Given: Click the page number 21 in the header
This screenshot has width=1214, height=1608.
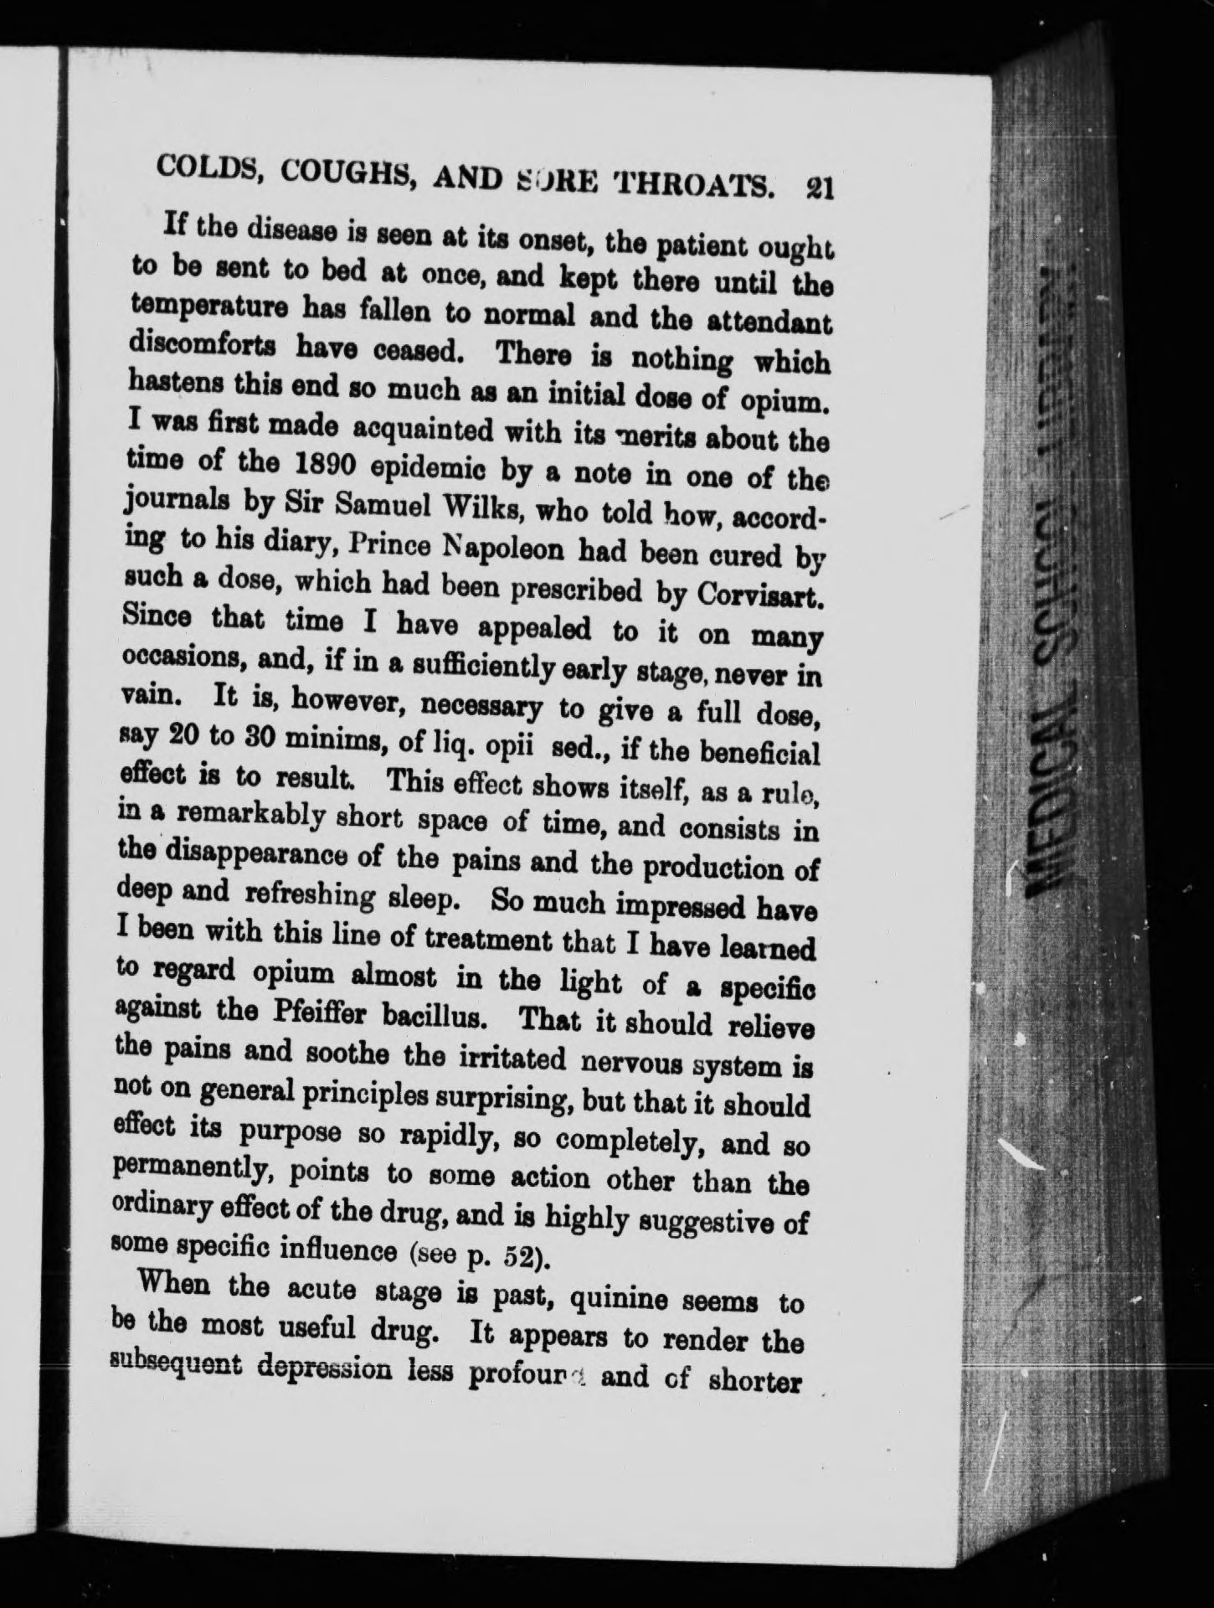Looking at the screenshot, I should (x=816, y=186).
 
